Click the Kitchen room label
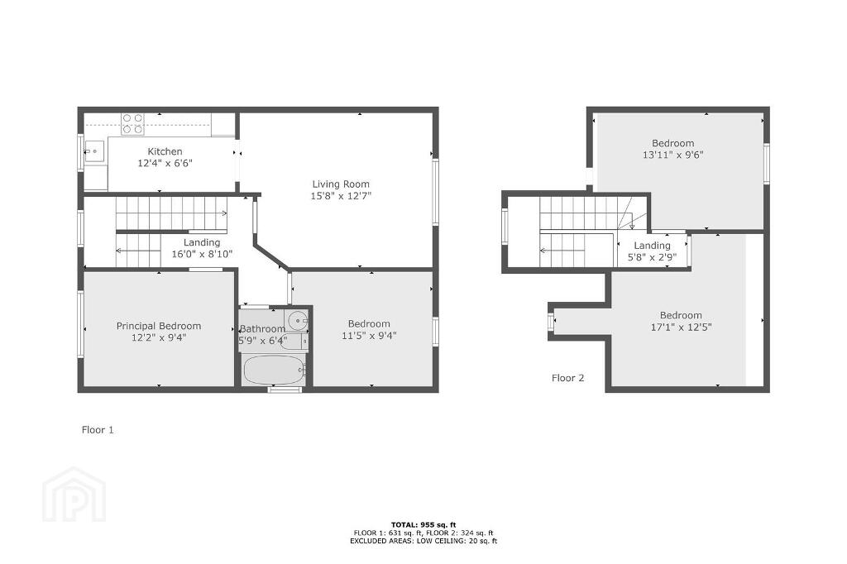[x=165, y=152]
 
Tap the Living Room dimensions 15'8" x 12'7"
[x=341, y=195]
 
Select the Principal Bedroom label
[x=159, y=326]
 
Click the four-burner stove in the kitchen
[x=132, y=123]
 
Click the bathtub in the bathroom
[x=275, y=370]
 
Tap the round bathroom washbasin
[x=297, y=321]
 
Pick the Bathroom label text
[x=262, y=328]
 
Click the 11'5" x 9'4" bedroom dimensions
[x=369, y=336]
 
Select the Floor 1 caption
[x=98, y=430]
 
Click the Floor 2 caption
[x=567, y=378]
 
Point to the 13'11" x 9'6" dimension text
[x=673, y=155]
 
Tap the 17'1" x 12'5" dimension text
[x=682, y=327]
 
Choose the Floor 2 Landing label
[x=652, y=246]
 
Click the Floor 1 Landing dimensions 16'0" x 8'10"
[x=202, y=254]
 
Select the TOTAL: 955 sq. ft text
[x=423, y=524]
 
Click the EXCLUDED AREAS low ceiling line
[x=423, y=541]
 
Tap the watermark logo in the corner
[x=74, y=495]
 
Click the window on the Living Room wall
[x=435, y=191]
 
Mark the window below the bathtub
[x=285, y=389]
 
